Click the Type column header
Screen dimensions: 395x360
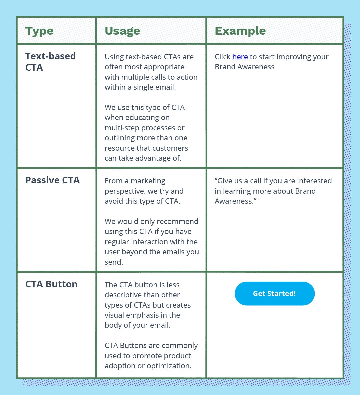39,31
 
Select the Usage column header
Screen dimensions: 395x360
122,31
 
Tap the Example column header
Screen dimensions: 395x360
240,31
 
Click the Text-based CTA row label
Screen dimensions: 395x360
50,62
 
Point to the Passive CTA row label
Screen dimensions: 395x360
52,180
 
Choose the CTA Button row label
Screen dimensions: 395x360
51,284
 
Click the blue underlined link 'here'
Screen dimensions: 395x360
240,57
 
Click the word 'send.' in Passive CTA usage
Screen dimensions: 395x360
114,262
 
